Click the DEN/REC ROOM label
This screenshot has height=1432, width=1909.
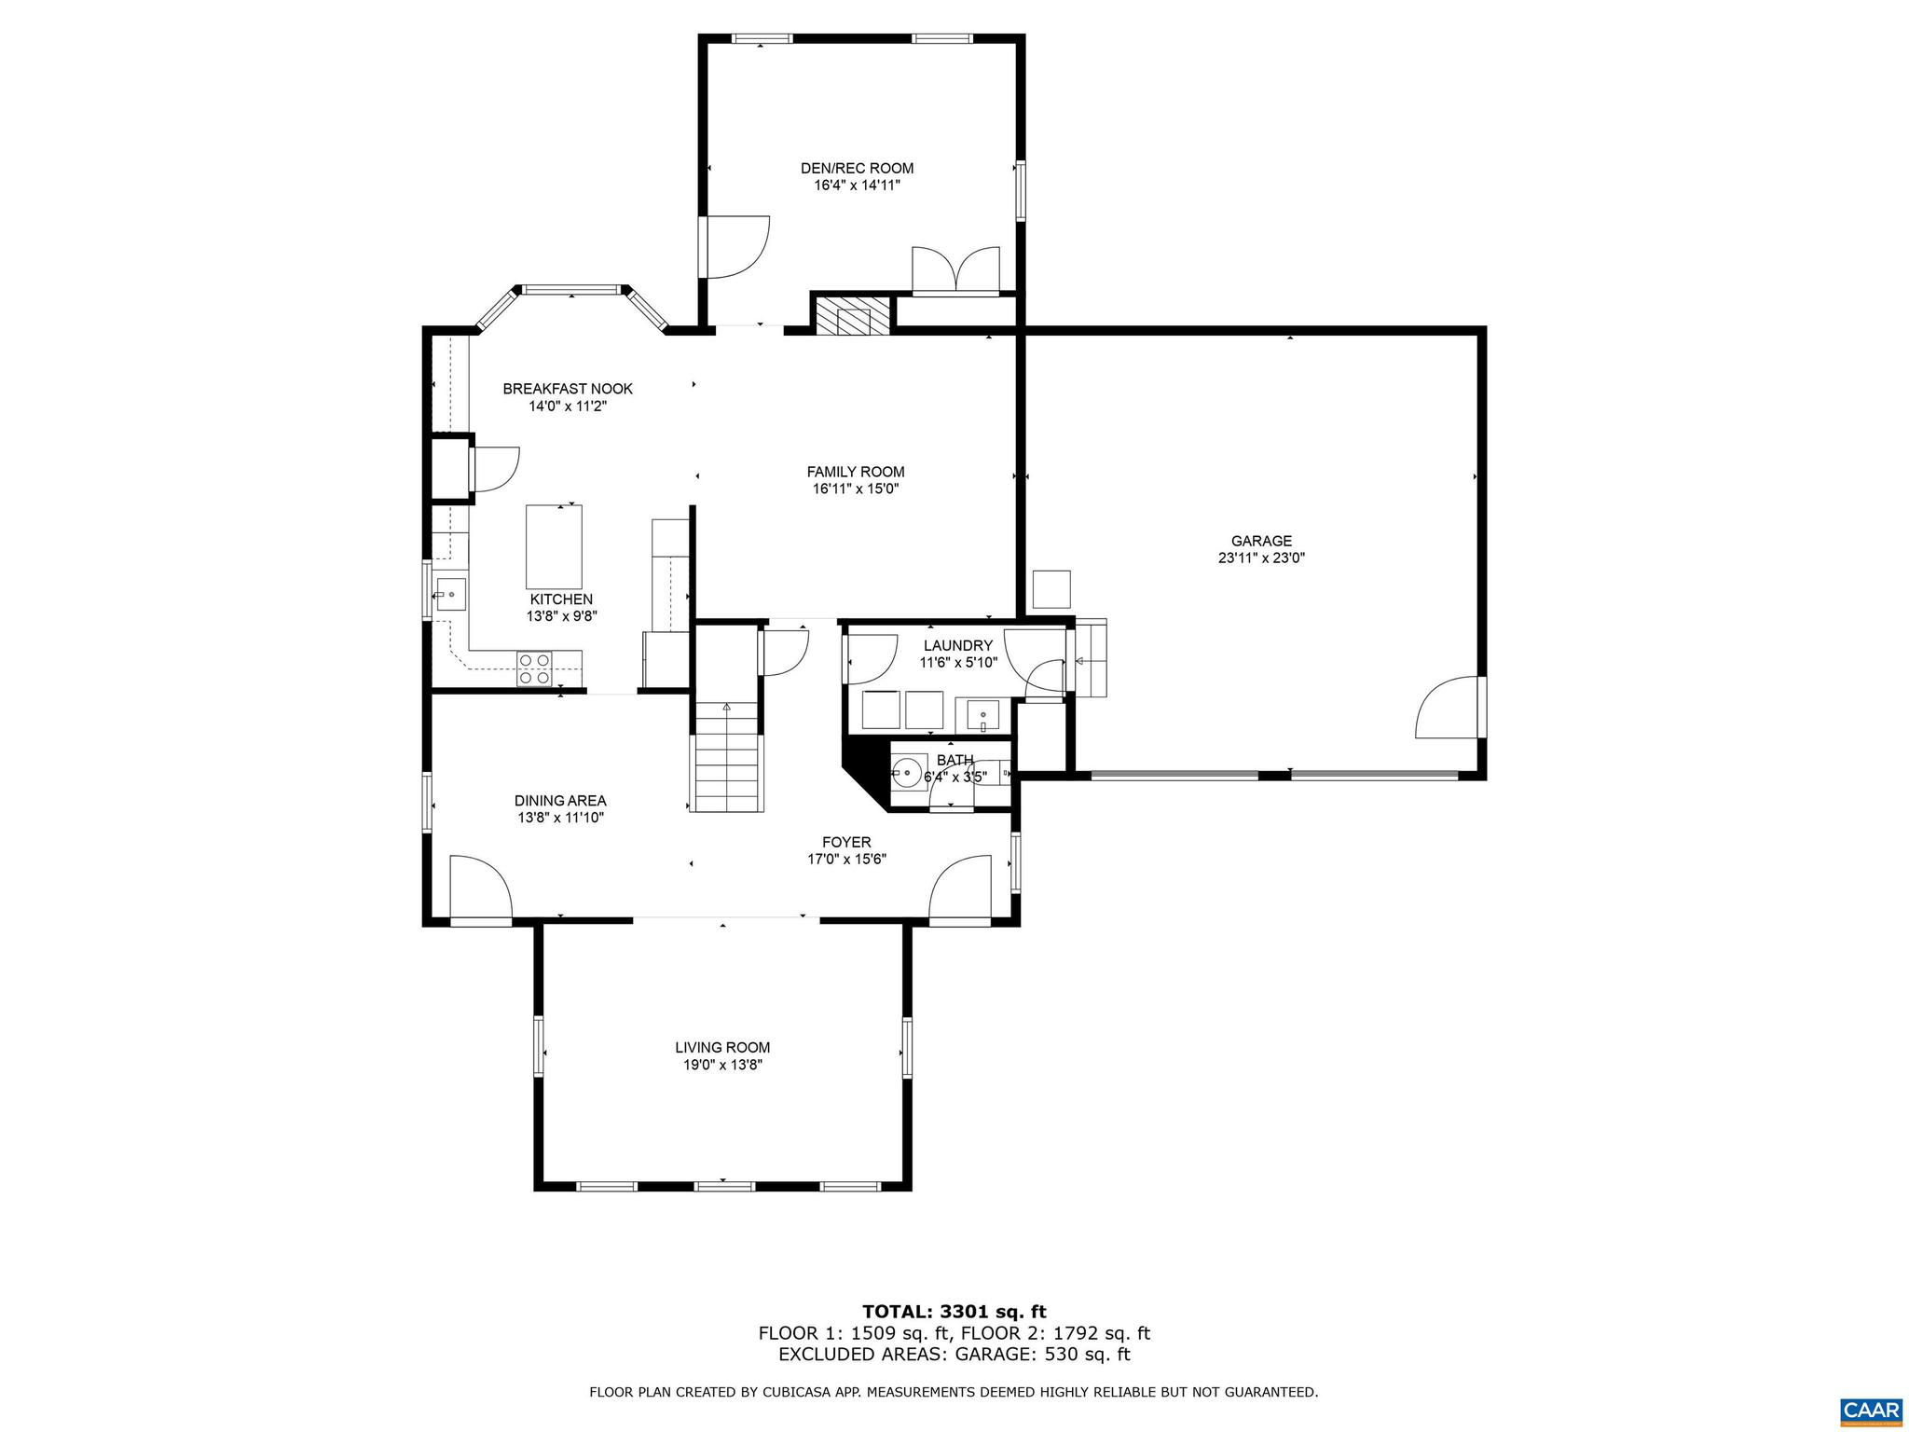click(857, 169)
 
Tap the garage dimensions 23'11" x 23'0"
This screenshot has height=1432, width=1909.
click(1261, 558)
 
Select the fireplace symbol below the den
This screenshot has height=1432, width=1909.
click(852, 317)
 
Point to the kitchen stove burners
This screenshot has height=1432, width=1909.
click(535, 668)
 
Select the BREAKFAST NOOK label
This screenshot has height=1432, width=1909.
click(568, 389)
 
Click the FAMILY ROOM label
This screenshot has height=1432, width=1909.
click(856, 472)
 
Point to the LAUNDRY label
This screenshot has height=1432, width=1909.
click(957, 645)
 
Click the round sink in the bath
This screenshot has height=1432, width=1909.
click(907, 773)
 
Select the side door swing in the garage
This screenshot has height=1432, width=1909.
click(1448, 709)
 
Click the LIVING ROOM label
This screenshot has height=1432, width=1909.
click(722, 1048)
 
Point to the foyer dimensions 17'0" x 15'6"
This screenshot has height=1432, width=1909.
click(846, 859)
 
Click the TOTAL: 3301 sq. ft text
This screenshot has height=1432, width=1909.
click(954, 1312)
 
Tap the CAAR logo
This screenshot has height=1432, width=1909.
click(1871, 1408)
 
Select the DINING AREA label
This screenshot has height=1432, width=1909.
click(560, 801)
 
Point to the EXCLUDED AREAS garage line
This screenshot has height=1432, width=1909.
click(954, 1355)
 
